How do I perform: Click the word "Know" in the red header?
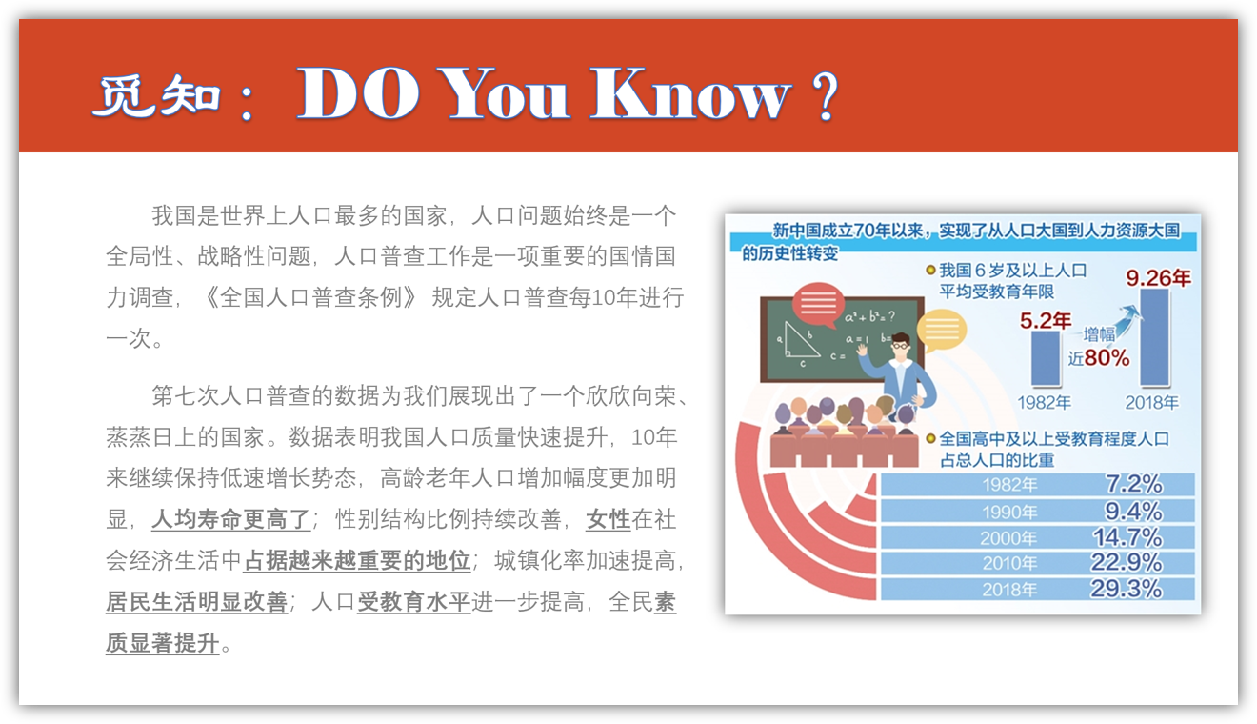[x=689, y=93]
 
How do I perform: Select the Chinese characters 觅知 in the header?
[x=156, y=96]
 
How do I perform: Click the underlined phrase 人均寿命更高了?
[x=230, y=519]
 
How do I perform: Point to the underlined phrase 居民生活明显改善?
[x=196, y=602]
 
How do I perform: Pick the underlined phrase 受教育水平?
[x=413, y=602]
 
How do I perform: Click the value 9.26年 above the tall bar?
[x=1158, y=278]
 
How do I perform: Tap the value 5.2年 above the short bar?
[x=1046, y=320]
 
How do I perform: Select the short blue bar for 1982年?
[x=1046, y=358]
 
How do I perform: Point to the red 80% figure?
[x=1107, y=357]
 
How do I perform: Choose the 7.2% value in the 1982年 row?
[x=1133, y=484]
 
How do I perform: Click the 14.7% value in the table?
[x=1127, y=537]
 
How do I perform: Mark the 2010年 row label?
[x=1009, y=564]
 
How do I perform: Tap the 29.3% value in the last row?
[x=1126, y=589]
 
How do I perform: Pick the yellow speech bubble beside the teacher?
[x=941, y=331]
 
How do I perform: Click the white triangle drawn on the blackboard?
[x=800, y=340]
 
